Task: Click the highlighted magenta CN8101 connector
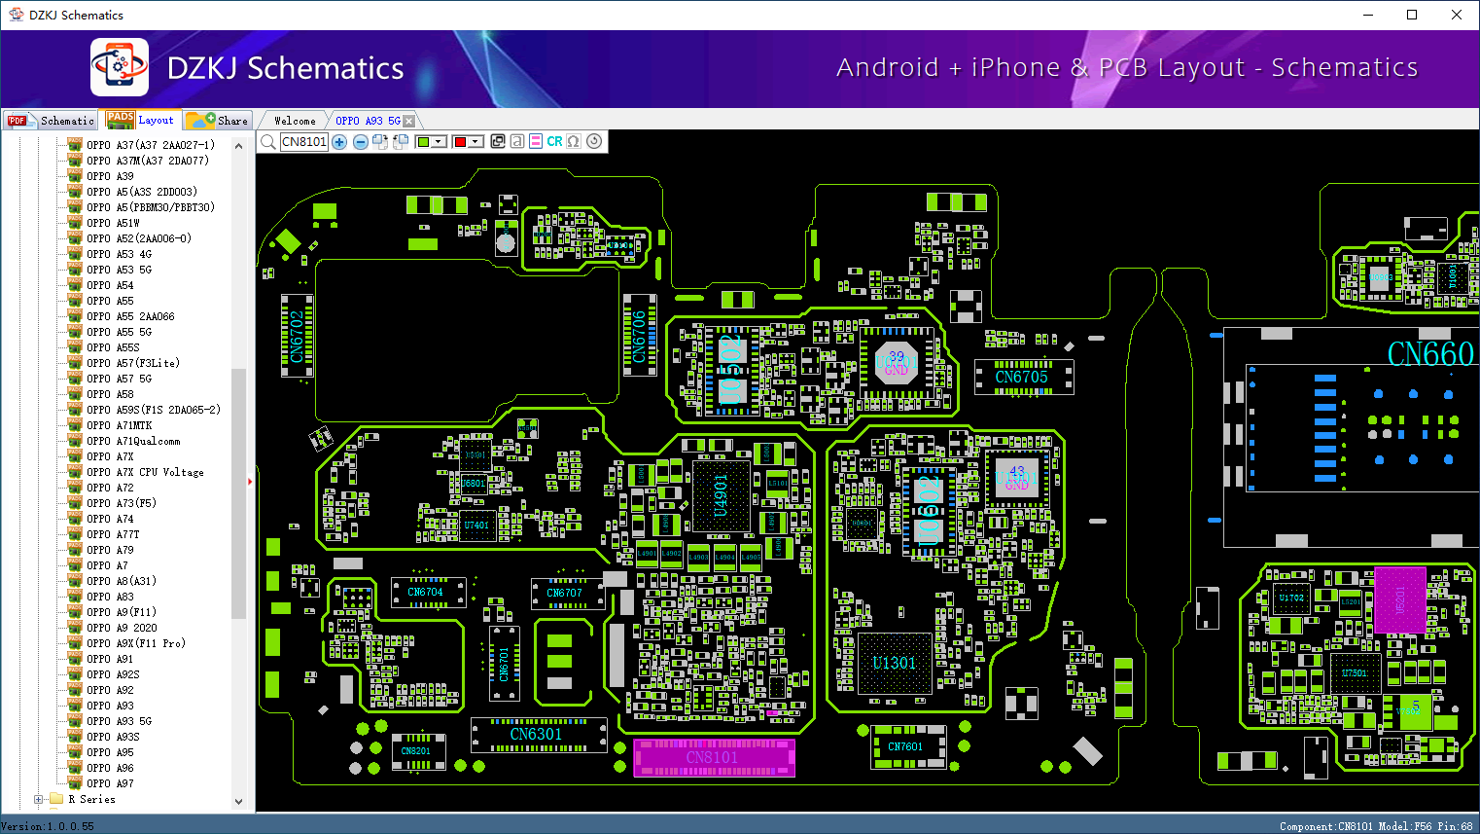[714, 757]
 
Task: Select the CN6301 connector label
[536, 735]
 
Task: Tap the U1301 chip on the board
[894, 664]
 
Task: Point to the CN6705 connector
[1022, 378]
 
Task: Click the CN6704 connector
[425, 592]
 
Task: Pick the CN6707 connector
[564, 593]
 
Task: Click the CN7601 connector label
[905, 747]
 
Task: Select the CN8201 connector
[416, 751]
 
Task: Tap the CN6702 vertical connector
[297, 336]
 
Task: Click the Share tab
[219, 121]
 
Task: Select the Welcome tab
[295, 121]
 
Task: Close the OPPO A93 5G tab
[409, 121]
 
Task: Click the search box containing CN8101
[304, 142]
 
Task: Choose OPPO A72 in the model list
[110, 488]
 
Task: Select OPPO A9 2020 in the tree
[122, 628]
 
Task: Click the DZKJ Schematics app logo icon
[120, 67]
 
